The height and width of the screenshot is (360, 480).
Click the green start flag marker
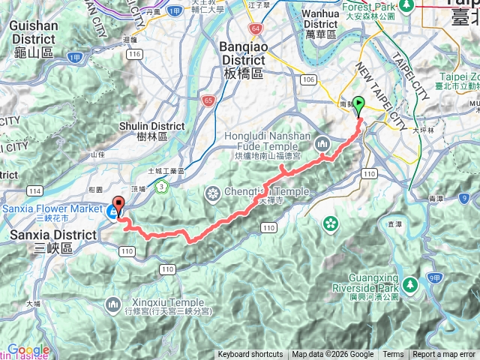click(x=358, y=106)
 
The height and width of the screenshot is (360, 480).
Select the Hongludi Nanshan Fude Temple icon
click(x=322, y=142)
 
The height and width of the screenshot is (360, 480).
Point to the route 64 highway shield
click(x=256, y=28)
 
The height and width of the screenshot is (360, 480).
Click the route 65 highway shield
click(x=208, y=99)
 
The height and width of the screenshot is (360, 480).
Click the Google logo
click(x=28, y=349)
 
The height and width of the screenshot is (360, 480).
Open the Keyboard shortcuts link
click(x=250, y=355)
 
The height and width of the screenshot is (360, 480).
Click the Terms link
click(x=393, y=355)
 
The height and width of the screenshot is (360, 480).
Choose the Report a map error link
click(x=445, y=355)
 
